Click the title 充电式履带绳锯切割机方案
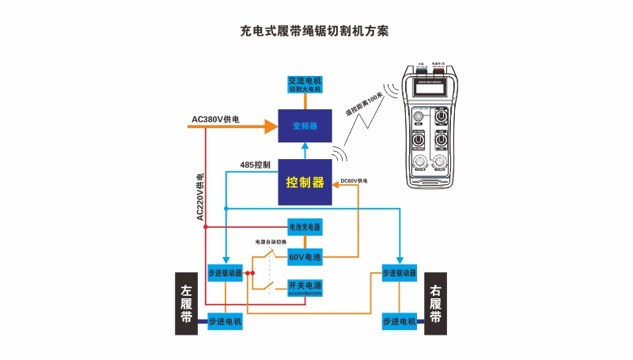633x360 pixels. tap(315, 32)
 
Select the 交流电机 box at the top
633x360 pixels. tap(305, 85)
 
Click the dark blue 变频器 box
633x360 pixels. tap(305, 125)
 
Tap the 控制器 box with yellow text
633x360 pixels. tap(305, 182)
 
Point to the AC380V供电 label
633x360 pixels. tap(215, 119)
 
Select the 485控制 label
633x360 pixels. tap(256, 165)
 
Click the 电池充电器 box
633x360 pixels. tap(305, 227)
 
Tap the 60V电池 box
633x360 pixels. tap(305, 257)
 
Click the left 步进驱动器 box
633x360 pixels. tap(225, 273)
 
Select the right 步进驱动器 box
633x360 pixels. tap(399, 273)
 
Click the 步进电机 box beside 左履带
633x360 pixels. tap(225, 322)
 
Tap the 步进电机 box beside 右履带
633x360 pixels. tap(399, 322)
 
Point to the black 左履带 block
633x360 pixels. tap(186, 305)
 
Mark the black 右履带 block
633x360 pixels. tap(436, 305)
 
